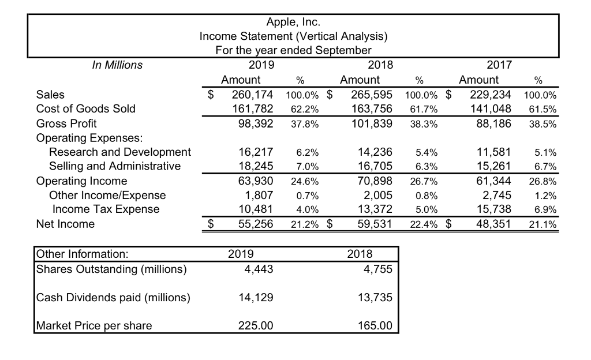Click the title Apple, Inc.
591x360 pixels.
(293, 22)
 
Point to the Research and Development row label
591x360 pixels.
(120, 152)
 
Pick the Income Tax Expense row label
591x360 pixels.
(106, 209)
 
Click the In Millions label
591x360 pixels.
(117, 65)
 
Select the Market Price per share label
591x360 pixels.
(94, 326)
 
